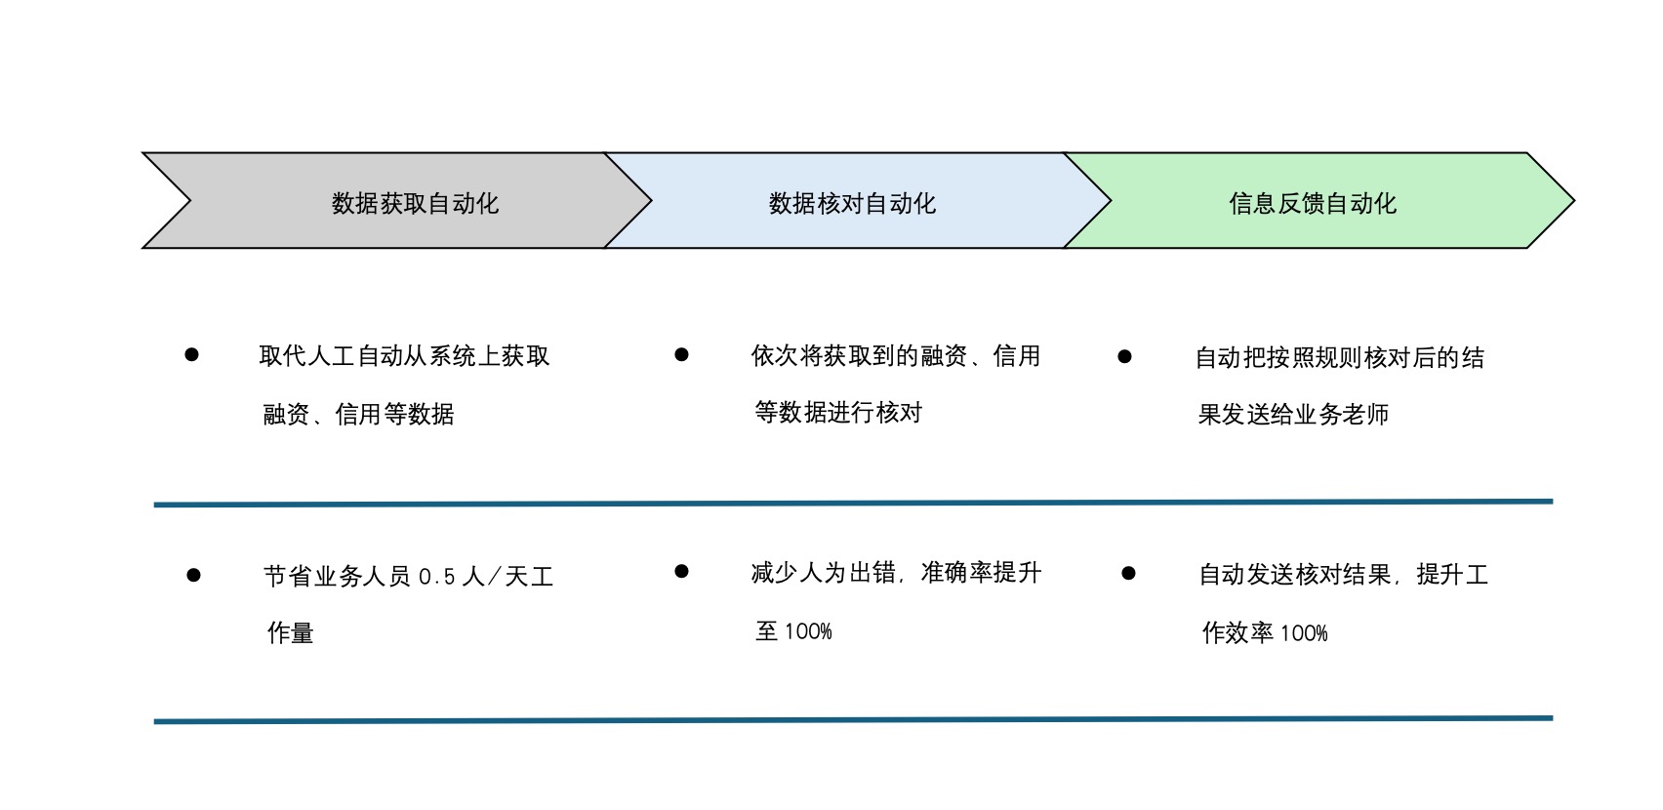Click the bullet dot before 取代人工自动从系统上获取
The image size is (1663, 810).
[x=191, y=355]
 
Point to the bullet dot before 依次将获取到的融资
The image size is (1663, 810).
[x=681, y=355]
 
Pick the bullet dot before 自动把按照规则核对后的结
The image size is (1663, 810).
[x=1124, y=357]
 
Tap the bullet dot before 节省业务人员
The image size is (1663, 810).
[x=194, y=576]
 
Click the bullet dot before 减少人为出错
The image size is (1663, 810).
[x=681, y=571]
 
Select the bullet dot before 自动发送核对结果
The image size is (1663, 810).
[x=1128, y=573]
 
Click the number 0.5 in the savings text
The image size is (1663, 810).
[x=437, y=577]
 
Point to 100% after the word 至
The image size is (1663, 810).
[x=808, y=631]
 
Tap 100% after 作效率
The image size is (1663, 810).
[x=1304, y=633]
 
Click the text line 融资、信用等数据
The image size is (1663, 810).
[x=358, y=414]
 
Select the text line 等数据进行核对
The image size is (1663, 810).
[x=838, y=412]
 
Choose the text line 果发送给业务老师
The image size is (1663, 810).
[x=1293, y=414]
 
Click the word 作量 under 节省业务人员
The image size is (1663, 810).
[x=290, y=633]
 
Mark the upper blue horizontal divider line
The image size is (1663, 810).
[x=854, y=504]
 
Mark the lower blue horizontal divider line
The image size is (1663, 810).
[x=854, y=720]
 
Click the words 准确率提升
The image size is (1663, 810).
[x=981, y=573]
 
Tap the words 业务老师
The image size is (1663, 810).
[x=1341, y=414]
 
